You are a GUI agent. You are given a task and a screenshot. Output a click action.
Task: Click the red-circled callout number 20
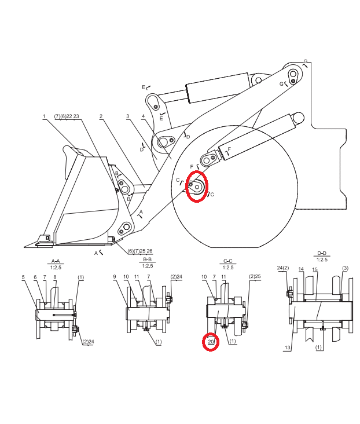pyautogui.click(x=211, y=342)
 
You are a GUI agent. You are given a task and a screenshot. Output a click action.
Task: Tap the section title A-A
pyautogui.click(x=56, y=261)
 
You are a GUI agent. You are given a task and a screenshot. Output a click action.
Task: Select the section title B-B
pyautogui.click(x=147, y=259)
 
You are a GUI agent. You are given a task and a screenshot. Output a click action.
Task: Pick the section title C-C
pyautogui.click(x=228, y=261)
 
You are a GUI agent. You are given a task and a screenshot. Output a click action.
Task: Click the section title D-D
pyautogui.click(x=322, y=253)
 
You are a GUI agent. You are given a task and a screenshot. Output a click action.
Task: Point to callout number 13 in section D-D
pyautogui.click(x=287, y=348)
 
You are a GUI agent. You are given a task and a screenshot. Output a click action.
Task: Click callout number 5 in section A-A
pyautogui.click(x=23, y=277)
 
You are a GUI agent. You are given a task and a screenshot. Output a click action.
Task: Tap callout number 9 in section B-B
pyautogui.click(x=115, y=277)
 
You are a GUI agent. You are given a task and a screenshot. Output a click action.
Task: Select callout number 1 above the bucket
pyautogui.click(x=44, y=116)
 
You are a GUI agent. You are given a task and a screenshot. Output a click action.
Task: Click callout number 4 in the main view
pyautogui.click(x=143, y=116)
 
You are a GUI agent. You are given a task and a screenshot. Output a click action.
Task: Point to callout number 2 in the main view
pyautogui.click(x=101, y=116)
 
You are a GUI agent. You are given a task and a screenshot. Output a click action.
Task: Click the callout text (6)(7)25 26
pyautogui.click(x=139, y=251)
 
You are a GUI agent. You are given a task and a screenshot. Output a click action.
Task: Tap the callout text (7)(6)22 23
pyautogui.click(x=67, y=116)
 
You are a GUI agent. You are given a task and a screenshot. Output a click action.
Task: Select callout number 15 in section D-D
pyautogui.click(x=315, y=269)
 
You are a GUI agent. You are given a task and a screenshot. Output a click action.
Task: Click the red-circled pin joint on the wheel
pyautogui.click(x=197, y=187)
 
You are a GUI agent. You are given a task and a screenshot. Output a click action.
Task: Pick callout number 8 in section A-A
pyautogui.click(x=55, y=277)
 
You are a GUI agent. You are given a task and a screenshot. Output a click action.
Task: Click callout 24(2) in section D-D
pyautogui.click(x=283, y=268)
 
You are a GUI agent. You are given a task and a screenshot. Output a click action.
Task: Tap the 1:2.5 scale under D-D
pyautogui.click(x=322, y=259)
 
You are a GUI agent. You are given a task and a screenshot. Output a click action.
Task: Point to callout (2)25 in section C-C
pyautogui.click(x=255, y=276)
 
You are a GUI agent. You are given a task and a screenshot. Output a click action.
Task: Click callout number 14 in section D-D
pyautogui.click(x=301, y=269)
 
